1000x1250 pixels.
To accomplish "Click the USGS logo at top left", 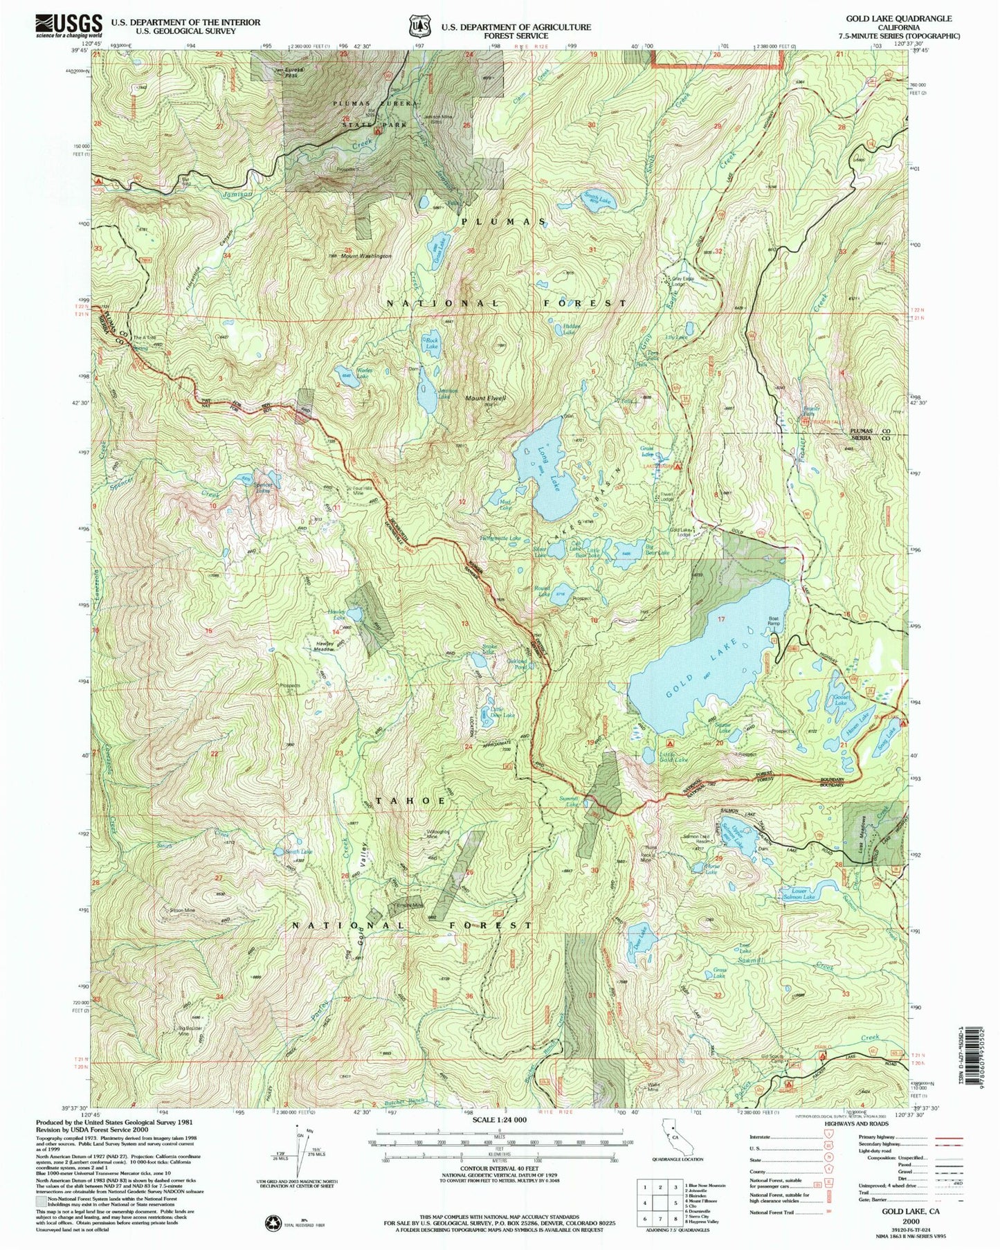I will pyautogui.click(x=69, y=26).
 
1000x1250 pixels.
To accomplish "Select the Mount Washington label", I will pyautogui.click(x=364, y=256).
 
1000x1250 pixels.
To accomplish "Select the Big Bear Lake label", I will pyautogui.click(x=655, y=552).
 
